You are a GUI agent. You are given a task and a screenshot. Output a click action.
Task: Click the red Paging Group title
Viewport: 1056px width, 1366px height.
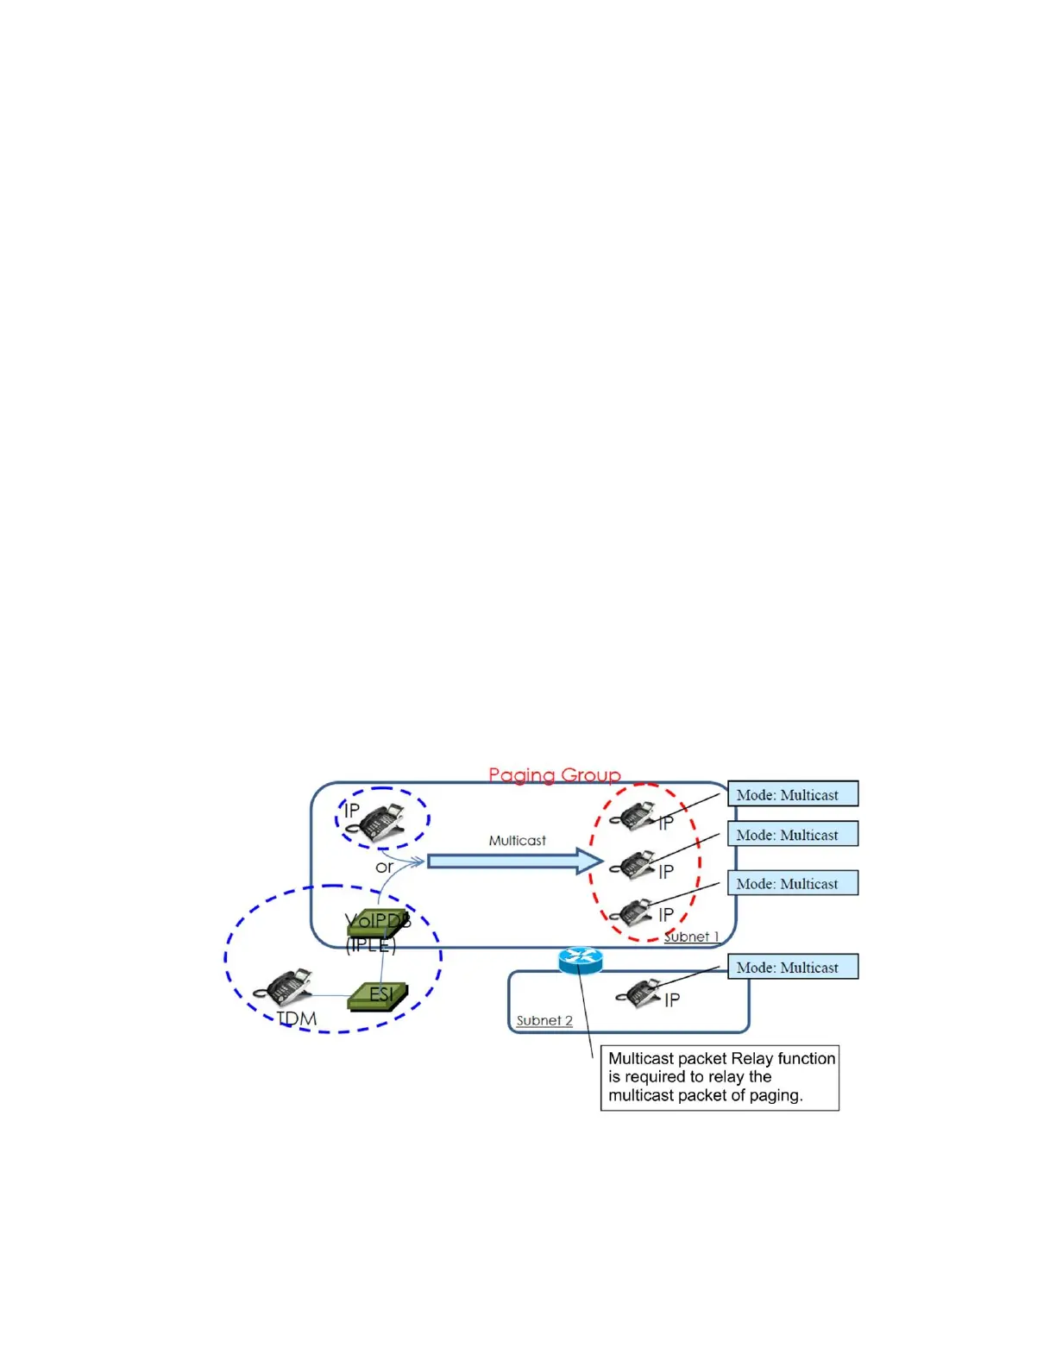pos(554,774)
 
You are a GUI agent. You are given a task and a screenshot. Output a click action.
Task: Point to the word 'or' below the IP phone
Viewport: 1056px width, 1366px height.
pos(384,867)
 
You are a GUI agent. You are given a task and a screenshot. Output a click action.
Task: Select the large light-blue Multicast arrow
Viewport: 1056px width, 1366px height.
pos(514,861)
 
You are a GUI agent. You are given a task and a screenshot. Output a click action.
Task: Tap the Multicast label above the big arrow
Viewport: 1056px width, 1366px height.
pos(517,840)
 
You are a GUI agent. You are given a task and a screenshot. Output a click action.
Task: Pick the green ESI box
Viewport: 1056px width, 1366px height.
pos(377,996)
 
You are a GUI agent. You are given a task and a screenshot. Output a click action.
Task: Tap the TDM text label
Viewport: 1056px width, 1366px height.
pos(297,1018)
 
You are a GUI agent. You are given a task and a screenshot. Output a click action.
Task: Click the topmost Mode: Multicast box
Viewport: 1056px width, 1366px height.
pos(793,794)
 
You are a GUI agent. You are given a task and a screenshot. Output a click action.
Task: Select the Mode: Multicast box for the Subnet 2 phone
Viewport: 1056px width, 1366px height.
pos(793,967)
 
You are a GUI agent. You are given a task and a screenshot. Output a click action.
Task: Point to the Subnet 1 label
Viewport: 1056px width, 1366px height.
pos(691,937)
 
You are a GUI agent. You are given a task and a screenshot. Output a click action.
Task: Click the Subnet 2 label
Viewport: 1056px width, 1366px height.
pos(544,1020)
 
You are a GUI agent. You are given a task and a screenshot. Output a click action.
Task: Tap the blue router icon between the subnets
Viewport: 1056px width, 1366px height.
pos(580,959)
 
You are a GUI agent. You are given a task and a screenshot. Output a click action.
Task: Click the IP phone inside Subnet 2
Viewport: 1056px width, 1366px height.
pos(640,993)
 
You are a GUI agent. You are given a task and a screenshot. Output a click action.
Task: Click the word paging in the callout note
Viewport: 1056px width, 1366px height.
pos(776,1095)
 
